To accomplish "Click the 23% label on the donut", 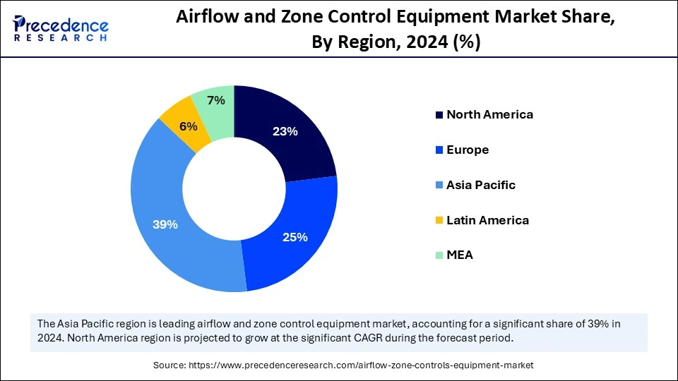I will point(285,131).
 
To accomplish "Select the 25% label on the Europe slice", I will point(296,237).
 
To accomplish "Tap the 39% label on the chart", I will point(165,224).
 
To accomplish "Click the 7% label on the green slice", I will point(215,100).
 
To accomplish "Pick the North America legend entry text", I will point(489,114).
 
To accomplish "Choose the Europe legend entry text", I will point(468,150).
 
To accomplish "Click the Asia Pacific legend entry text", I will point(481,185).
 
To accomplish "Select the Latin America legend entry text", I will point(487,220).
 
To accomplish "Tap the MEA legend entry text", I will point(460,255).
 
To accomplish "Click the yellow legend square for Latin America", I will point(439,221).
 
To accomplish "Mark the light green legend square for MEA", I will point(439,255).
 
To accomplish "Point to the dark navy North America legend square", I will point(439,115).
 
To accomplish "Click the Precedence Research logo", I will point(61,29).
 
